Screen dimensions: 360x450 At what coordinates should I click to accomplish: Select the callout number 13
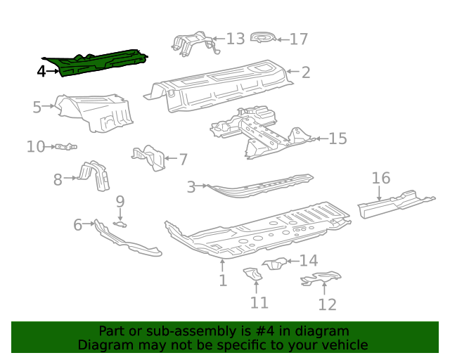[x=236, y=39]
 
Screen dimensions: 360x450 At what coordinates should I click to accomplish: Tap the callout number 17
[x=299, y=39]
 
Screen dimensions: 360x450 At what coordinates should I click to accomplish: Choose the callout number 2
[x=306, y=71]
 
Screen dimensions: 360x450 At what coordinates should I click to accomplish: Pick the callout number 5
[x=37, y=107]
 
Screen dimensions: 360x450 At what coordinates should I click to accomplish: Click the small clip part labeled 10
[x=65, y=146]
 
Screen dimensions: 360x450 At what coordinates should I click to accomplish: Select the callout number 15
[x=337, y=139]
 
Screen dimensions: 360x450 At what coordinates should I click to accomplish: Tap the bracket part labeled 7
[x=150, y=157]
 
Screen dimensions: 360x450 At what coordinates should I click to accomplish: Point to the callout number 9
[x=120, y=202]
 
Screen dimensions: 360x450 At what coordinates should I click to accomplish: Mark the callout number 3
[x=191, y=187]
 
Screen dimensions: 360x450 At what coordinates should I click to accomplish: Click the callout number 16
[x=380, y=178]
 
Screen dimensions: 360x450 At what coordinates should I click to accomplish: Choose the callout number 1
[x=222, y=281]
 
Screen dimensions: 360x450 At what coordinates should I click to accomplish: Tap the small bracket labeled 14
[x=276, y=264]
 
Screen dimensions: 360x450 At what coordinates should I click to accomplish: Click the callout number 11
[x=259, y=302]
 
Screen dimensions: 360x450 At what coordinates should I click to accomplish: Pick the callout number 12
[x=327, y=304]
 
